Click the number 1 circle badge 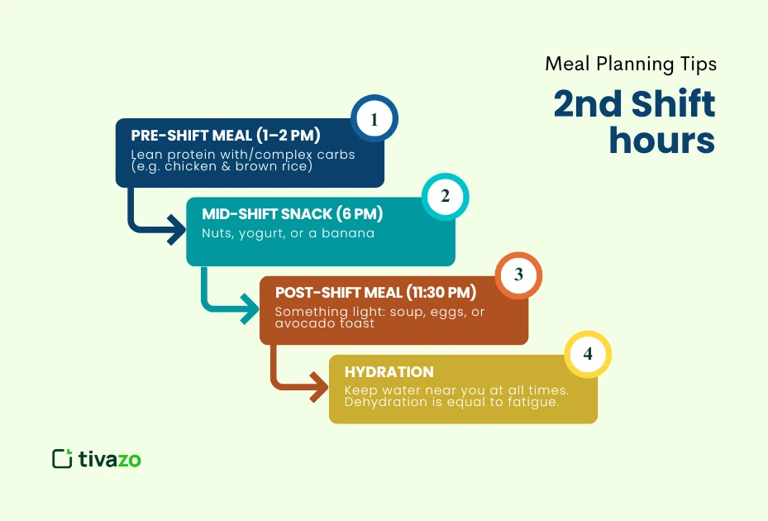(x=374, y=120)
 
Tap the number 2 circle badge (x=446, y=197)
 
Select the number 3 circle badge (x=518, y=275)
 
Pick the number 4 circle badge (x=588, y=354)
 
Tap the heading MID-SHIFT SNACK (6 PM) (x=293, y=214)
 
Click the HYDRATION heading (x=389, y=372)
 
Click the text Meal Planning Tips (x=629, y=64)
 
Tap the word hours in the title (x=661, y=141)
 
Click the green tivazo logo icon (x=62, y=458)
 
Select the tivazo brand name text (x=110, y=459)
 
